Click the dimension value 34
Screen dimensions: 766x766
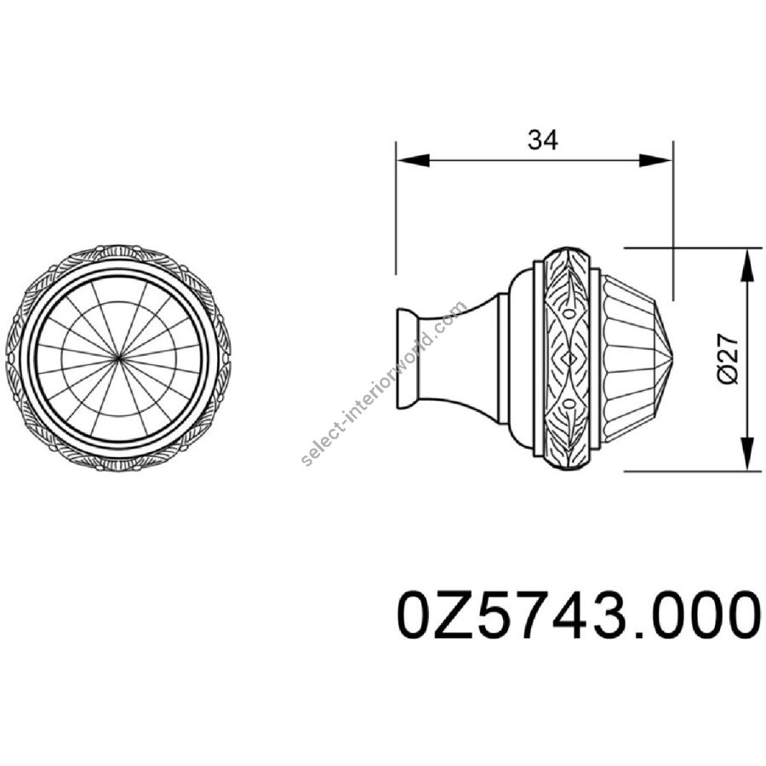click(542, 140)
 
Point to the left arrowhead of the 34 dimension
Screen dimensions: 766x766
click(413, 160)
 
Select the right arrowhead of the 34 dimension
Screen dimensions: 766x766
click(656, 160)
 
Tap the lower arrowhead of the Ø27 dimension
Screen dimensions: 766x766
click(747, 454)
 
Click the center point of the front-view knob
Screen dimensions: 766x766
click(118, 358)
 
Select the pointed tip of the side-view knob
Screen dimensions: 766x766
click(674, 358)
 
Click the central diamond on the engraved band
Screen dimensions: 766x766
click(569, 358)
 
